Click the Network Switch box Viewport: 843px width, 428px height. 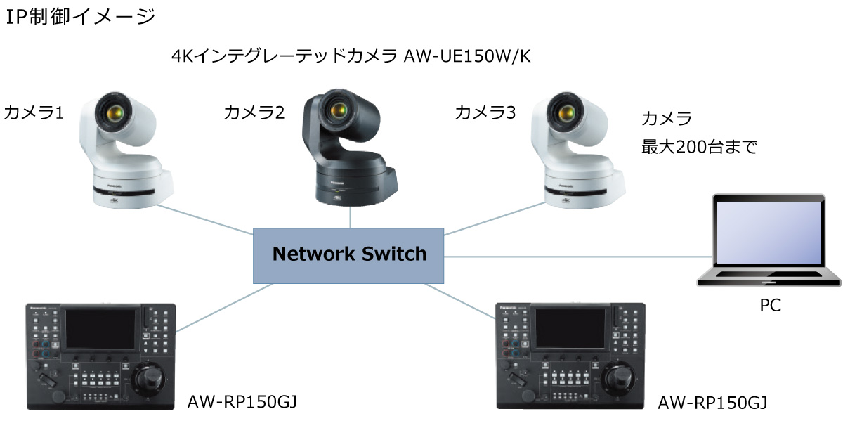(348, 253)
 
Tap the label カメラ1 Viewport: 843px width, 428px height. (34, 112)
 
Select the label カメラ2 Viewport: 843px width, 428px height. (254, 112)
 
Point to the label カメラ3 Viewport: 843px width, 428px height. (485, 112)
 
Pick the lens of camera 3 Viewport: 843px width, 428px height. (566, 110)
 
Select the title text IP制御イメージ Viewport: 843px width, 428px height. (80, 15)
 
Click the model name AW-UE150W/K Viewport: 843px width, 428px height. (467, 57)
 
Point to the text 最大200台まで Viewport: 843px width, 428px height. (699, 147)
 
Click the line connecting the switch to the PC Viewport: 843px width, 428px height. (576, 257)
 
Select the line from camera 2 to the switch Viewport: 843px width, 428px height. (351, 217)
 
